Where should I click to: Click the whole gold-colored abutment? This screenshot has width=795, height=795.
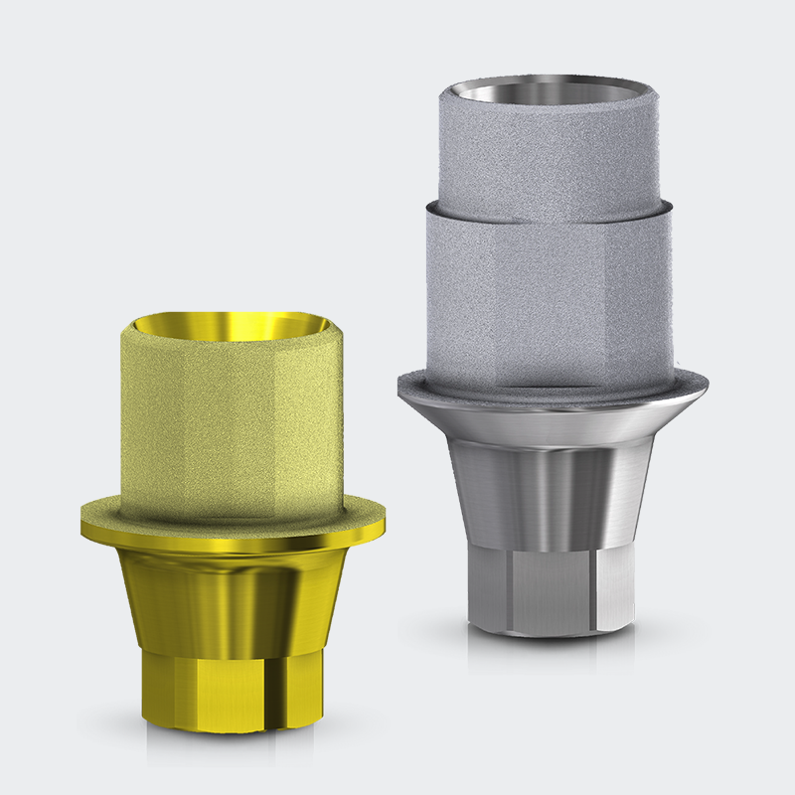click(233, 517)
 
